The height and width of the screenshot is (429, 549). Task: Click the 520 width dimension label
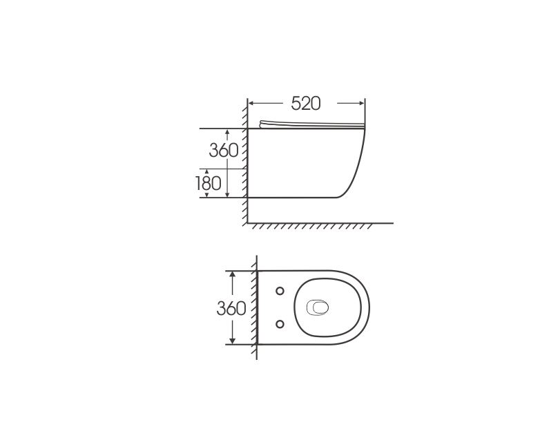[306, 104]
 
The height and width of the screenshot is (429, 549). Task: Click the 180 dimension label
[208, 183]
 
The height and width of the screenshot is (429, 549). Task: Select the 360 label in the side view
[224, 150]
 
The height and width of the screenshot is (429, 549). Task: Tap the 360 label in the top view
[231, 309]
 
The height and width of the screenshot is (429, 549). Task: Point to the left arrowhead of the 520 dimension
[251, 104]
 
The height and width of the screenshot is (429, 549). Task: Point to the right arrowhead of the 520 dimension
[361, 104]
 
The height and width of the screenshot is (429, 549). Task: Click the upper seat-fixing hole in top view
[280, 291]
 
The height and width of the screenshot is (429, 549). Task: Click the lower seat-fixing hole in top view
[280, 325]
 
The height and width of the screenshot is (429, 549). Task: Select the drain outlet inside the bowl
[318, 308]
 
